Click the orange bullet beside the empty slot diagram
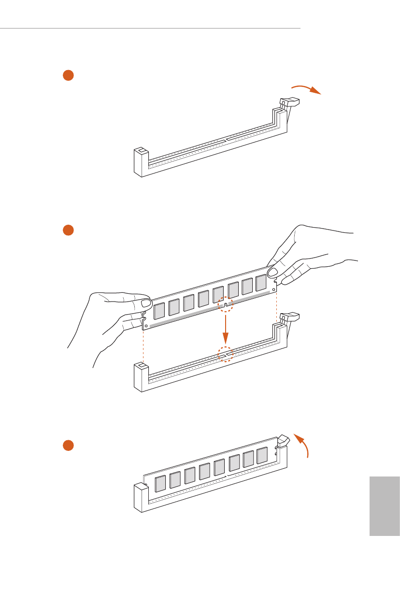(x=68, y=75)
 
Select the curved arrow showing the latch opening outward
(x=306, y=89)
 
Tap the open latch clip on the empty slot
(x=289, y=102)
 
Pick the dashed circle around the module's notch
(x=225, y=304)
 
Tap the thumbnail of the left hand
(x=145, y=303)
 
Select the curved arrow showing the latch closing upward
(x=304, y=445)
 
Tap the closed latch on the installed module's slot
(x=283, y=439)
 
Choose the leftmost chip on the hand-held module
(x=159, y=311)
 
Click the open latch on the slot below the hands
(x=289, y=317)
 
